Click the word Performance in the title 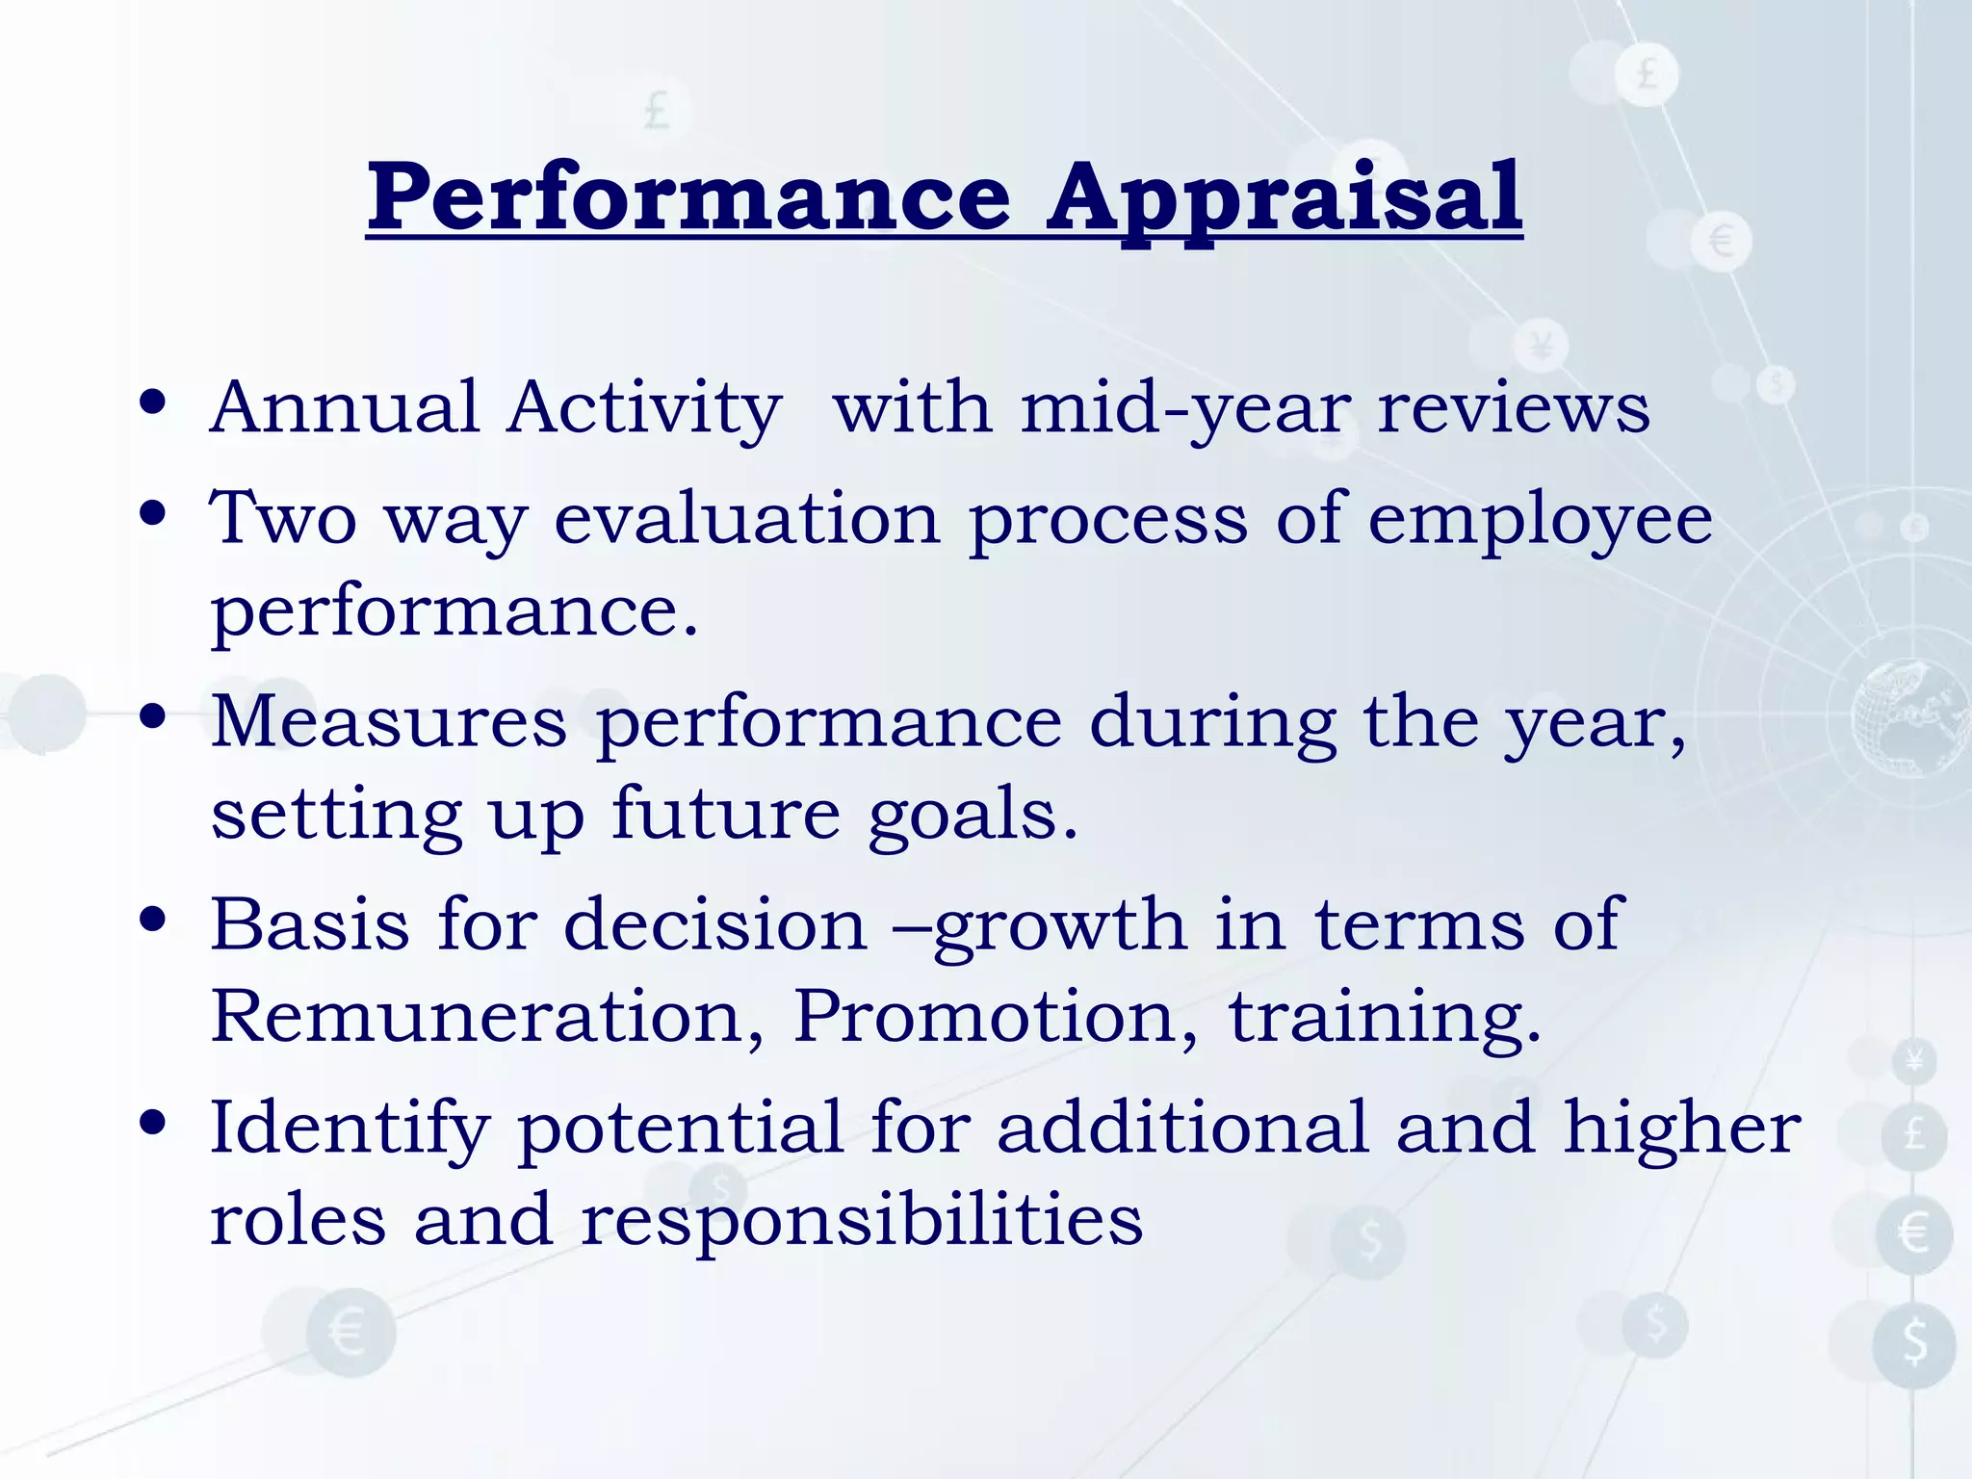(x=689, y=197)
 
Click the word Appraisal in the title (x=1284, y=197)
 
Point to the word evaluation (x=747, y=519)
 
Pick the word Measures (x=389, y=721)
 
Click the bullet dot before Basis (x=153, y=920)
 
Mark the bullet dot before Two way (x=153, y=513)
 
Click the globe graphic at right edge (x=1911, y=717)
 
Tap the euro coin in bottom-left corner (x=350, y=1333)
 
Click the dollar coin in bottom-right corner (x=1914, y=1343)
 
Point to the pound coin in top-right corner (x=1647, y=73)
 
